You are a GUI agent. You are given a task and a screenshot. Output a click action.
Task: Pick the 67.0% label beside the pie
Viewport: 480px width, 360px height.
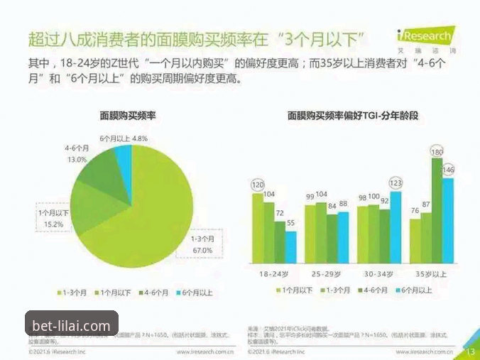pos(202,245)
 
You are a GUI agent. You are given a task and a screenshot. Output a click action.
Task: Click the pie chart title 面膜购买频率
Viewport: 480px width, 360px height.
pos(128,116)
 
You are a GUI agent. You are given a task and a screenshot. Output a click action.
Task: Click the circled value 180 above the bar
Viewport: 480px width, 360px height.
pos(437,151)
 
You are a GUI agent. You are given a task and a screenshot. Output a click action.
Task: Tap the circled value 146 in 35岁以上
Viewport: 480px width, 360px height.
pos(448,170)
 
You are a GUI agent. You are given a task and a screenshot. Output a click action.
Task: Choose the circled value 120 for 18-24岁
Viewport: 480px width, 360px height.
pos(258,186)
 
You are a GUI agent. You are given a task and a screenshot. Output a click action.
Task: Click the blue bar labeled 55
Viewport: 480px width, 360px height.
pos(291,246)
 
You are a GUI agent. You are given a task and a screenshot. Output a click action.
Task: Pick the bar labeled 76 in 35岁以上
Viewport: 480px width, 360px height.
pos(415,241)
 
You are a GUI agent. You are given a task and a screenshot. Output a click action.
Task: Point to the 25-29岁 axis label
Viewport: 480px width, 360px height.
pos(327,273)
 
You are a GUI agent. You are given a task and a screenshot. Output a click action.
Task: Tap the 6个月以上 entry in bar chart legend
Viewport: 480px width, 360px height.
pos(418,290)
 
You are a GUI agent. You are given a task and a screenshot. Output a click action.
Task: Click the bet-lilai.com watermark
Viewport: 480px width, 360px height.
pos(71,326)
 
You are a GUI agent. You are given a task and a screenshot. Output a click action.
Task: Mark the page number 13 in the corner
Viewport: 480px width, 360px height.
pos(469,351)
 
